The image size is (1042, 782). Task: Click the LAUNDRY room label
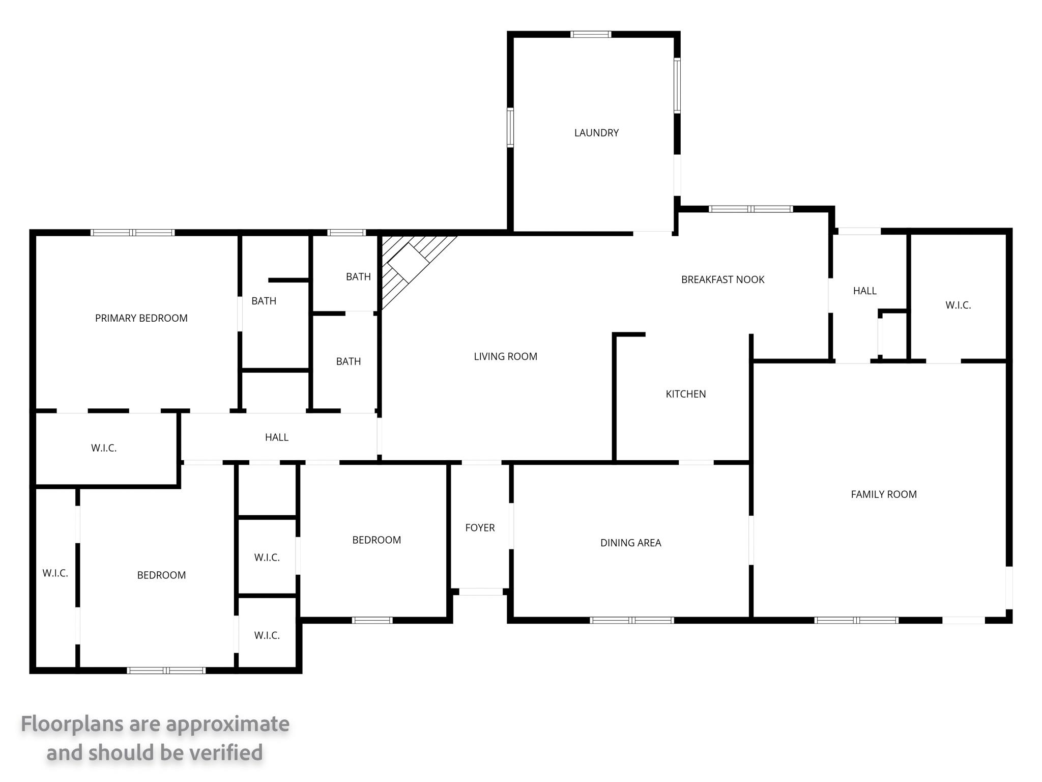596,133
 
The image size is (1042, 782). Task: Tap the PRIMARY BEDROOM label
141,318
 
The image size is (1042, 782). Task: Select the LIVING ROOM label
505,356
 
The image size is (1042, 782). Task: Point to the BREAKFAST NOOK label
722,280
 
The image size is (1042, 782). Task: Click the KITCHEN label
686,394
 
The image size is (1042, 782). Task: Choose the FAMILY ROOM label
884,494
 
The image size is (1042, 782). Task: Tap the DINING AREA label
630,543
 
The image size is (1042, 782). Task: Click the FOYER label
480,528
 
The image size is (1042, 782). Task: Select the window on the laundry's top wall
590,35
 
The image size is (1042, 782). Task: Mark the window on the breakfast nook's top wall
750,209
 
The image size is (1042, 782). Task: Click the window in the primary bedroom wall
133,233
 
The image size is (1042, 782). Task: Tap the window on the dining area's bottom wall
632,620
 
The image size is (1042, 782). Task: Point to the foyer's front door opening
481,592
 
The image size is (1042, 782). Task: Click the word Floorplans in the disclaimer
72,724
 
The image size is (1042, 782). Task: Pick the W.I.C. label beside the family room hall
958,305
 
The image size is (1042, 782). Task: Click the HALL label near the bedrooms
277,437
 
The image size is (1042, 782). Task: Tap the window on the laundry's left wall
510,127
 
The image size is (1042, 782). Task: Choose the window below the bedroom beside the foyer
372,620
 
